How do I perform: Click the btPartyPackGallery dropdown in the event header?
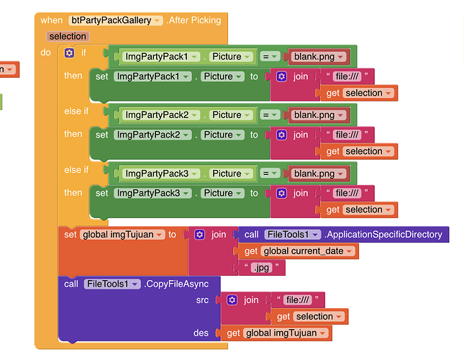click(115, 20)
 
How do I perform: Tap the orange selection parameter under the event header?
click(68, 36)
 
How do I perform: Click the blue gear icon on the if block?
click(69, 53)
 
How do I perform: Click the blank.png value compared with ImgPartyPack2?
click(317, 115)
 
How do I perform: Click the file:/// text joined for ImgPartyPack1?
click(350, 76)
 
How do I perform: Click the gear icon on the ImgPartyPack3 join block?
click(281, 193)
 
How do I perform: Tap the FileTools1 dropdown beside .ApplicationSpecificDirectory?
click(291, 234)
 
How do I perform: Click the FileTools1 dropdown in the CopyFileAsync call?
click(111, 284)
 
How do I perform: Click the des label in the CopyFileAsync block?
click(201, 333)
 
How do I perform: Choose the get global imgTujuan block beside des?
click(278, 333)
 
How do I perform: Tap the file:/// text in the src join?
click(296, 300)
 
